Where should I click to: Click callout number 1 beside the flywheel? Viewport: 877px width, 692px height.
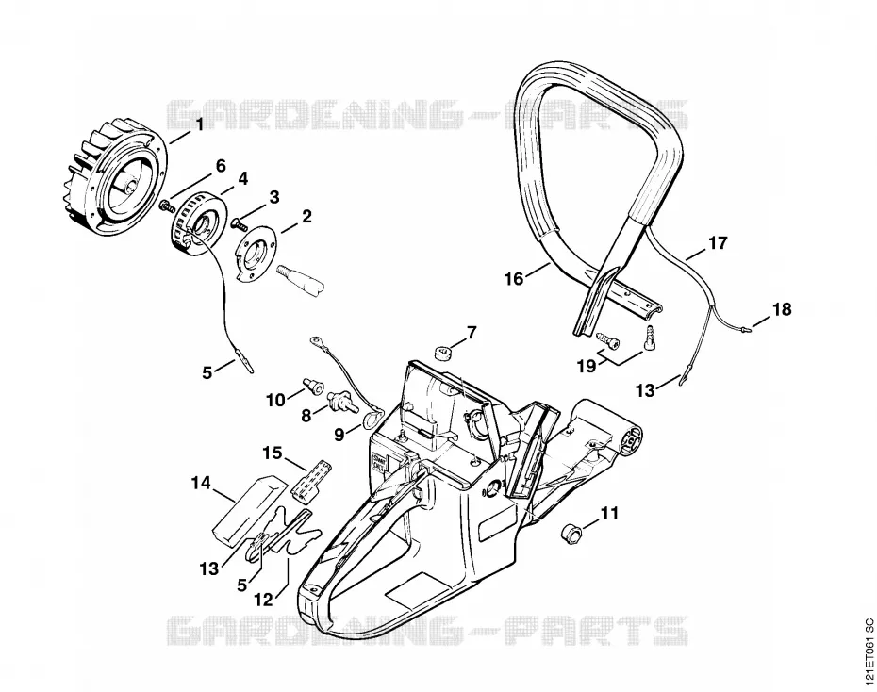pyautogui.click(x=199, y=124)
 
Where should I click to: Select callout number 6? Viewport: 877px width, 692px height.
pyautogui.click(x=221, y=166)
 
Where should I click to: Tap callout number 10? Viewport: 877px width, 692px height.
pyautogui.click(x=275, y=401)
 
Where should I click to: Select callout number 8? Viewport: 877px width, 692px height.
pyautogui.click(x=306, y=416)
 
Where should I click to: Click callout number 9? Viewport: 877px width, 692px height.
pyautogui.click(x=339, y=434)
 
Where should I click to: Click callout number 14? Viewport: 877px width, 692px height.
pyautogui.click(x=202, y=483)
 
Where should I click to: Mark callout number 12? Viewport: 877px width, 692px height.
pyautogui.click(x=263, y=600)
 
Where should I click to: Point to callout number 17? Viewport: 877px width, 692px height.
pyautogui.click(x=719, y=243)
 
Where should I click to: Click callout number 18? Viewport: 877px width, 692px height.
pyautogui.click(x=782, y=308)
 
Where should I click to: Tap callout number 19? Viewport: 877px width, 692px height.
pyautogui.click(x=587, y=366)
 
